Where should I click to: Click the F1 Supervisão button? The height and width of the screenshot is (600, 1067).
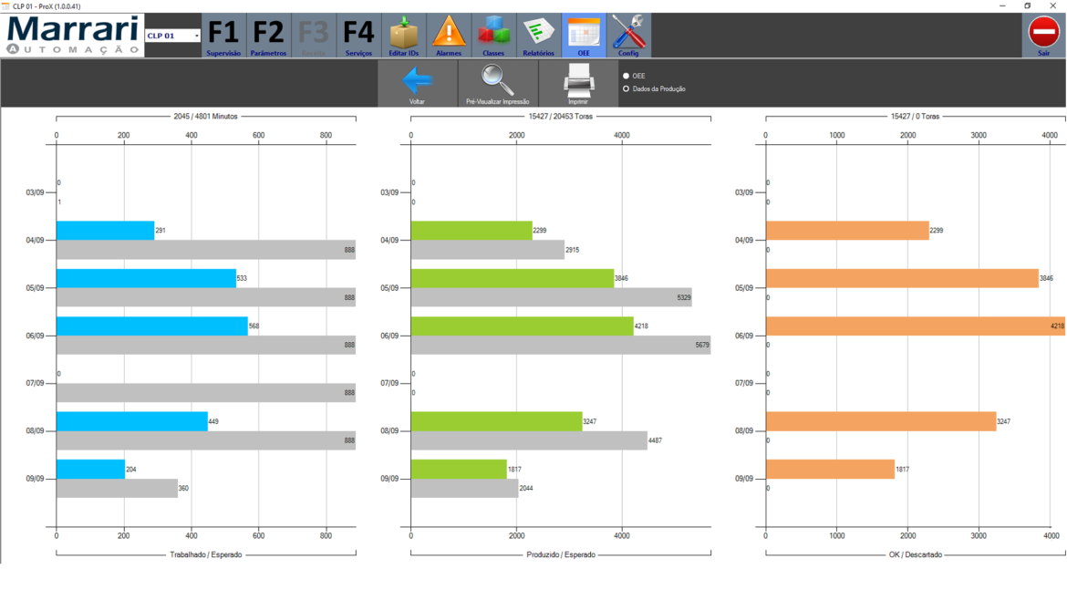click(223, 36)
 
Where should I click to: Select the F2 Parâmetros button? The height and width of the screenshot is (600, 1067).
click(268, 36)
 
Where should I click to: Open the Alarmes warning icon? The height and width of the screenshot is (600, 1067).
click(449, 36)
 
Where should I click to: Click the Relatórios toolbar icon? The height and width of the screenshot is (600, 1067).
click(538, 36)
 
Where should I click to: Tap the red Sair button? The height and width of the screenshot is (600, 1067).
click(1043, 36)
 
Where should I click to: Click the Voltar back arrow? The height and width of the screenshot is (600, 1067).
click(417, 84)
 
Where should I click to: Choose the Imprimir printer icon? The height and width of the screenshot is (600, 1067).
click(578, 84)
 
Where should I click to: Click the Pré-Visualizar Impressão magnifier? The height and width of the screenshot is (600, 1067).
click(497, 84)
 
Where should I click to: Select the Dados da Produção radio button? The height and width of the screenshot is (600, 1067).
click(627, 89)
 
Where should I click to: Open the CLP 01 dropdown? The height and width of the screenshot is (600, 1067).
click(173, 36)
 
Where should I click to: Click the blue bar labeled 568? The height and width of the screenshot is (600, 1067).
click(151, 326)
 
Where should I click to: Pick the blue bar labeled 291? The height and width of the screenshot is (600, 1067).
click(105, 231)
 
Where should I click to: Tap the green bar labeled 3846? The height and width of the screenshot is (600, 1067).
click(512, 278)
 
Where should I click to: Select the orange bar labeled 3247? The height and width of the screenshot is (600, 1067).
click(880, 421)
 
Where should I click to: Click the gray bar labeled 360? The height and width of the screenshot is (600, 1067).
click(117, 489)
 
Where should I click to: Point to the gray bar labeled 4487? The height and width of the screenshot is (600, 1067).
click(528, 440)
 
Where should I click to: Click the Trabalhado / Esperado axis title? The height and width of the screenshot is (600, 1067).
click(206, 554)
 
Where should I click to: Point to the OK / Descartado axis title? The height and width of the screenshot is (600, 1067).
click(915, 554)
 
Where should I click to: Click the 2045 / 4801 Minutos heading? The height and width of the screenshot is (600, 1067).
click(205, 117)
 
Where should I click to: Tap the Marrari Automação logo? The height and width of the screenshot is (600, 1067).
click(73, 36)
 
